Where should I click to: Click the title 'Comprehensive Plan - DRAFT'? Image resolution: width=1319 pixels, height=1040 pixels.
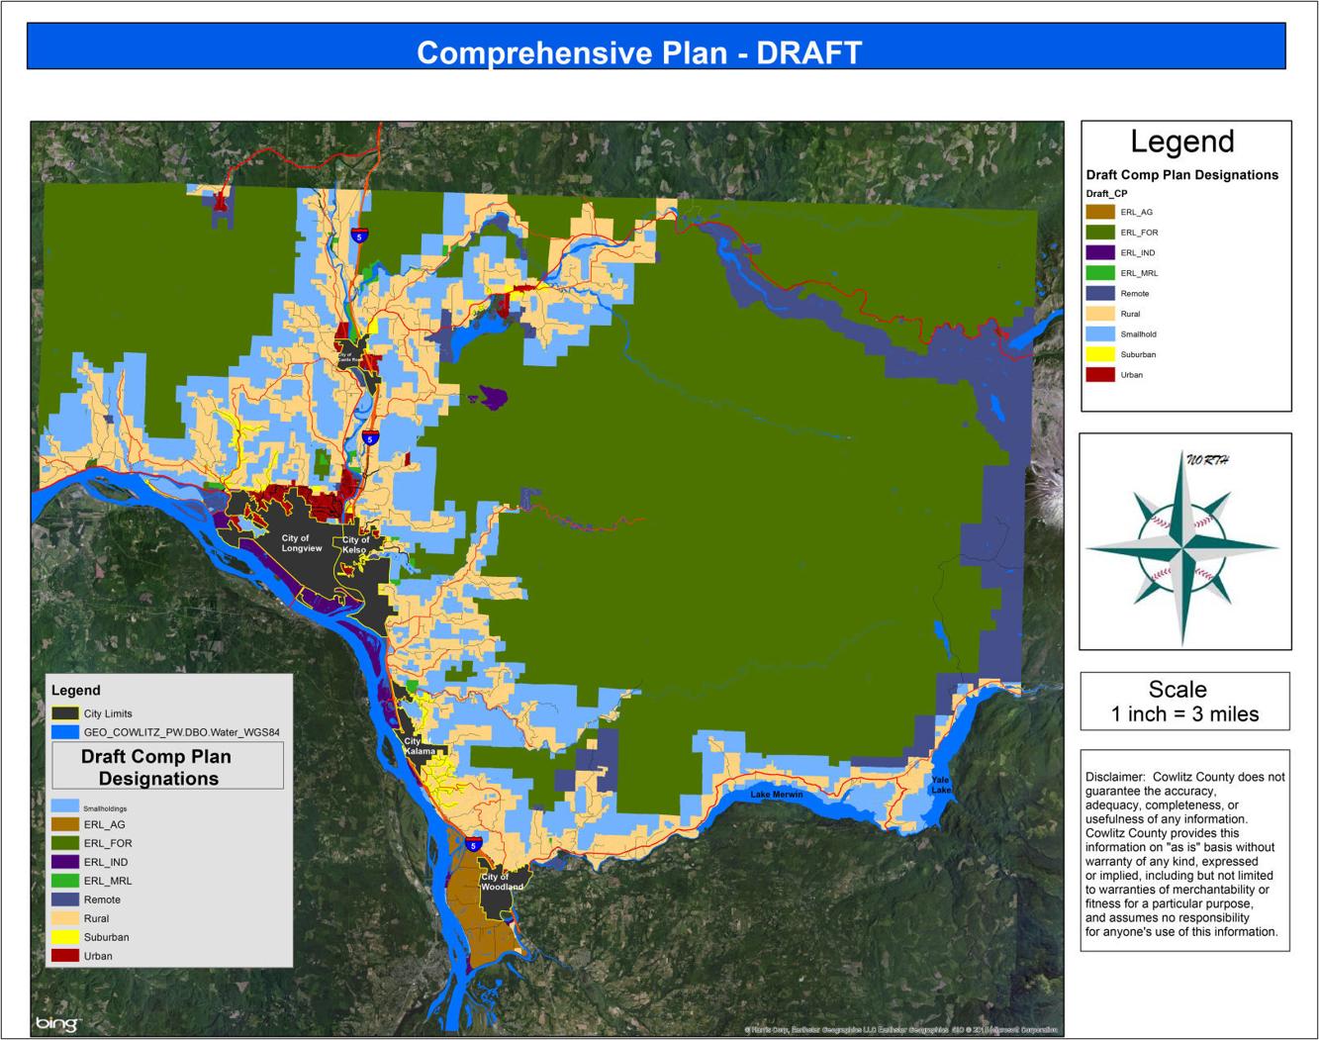click(x=639, y=52)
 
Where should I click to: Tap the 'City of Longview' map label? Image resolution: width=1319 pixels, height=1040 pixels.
click(x=301, y=543)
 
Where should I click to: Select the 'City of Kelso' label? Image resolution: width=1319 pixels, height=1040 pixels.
click(x=355, y=544)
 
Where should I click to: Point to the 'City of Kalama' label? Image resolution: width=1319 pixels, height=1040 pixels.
click(x=419, y=746)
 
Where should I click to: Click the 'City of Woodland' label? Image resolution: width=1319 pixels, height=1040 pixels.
click(x=502, y=882)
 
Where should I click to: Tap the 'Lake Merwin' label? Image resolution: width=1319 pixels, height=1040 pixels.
click(x=776, y=795)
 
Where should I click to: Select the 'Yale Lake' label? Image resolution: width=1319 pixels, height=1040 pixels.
click(x=940, y=785)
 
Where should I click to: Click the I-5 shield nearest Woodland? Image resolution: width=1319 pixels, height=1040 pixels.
click(x=473, y=844)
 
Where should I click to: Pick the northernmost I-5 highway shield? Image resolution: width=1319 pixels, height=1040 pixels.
click(x=358, y=236)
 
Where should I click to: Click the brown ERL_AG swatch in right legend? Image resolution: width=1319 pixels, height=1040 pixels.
click(x=1100, y=212)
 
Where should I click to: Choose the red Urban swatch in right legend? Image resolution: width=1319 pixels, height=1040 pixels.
click(x=1100, y=375)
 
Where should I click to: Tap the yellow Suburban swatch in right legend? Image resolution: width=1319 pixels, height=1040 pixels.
click(x=1100, y=354)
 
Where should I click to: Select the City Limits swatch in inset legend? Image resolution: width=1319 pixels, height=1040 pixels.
click(x=65, y=713)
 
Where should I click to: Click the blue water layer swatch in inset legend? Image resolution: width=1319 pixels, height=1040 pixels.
click(x=65, y=732)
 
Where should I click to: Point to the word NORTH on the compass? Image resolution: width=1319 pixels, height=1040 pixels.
click(x=1207, y=460)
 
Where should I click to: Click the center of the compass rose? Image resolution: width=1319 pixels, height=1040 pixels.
click(x=1182, y=546)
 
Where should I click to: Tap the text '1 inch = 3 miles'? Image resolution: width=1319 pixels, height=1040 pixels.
click(x=1184, y=714)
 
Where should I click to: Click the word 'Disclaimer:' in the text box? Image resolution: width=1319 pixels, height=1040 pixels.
click(x=1114, y=777)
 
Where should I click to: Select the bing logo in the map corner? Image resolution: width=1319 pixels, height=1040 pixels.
click(x=57, y=1023)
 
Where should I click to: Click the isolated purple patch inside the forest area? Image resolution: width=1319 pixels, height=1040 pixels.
click(x=493, y=397)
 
